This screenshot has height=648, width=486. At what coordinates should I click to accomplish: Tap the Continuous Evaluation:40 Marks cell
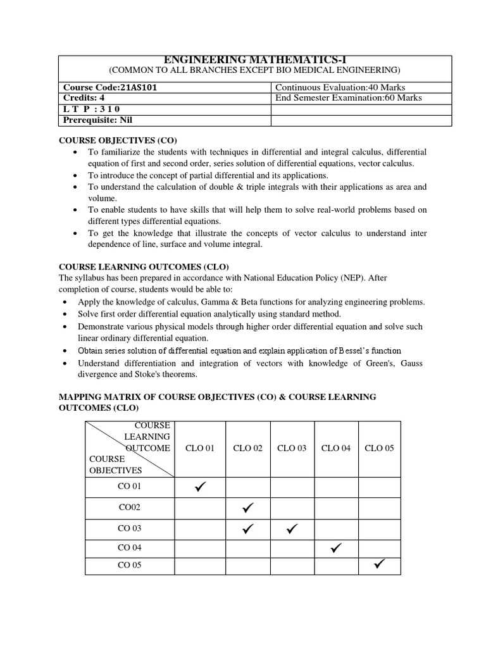340,87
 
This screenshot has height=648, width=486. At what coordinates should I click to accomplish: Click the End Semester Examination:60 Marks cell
349,98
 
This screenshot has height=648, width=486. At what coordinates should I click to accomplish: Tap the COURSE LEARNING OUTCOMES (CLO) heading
144,266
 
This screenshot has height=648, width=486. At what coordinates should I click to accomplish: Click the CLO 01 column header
200,448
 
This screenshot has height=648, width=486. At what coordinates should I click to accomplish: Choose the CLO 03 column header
292,448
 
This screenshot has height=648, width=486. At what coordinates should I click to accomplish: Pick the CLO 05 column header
379,448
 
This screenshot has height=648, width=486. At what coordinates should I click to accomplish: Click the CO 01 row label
130,487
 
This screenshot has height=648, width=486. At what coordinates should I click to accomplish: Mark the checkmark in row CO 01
201,487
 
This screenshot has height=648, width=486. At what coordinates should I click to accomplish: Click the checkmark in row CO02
247,507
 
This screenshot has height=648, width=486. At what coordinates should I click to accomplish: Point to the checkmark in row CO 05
380,564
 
